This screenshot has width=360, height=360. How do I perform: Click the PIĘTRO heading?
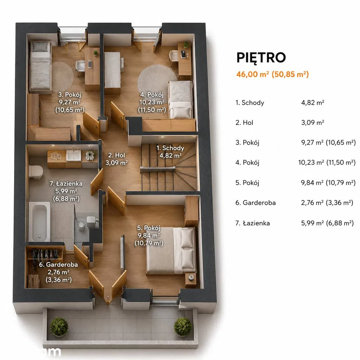(x=261, y=57)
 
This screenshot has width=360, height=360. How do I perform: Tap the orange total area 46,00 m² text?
(x=252, y=75)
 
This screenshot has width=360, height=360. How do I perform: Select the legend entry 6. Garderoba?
(x=256, y=203)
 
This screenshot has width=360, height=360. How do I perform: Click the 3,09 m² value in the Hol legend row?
(x=313, y=123)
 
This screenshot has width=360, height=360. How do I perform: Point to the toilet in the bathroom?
(x=36, y=172)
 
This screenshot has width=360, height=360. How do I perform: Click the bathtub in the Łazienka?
(x=39, y=221)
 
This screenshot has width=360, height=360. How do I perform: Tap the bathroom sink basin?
(x=73, y=155)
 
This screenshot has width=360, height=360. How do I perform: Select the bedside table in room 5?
(x=191, y=279)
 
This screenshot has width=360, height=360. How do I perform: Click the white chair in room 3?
(x=80, y=67)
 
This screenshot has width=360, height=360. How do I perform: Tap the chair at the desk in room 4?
(x=174, y=57)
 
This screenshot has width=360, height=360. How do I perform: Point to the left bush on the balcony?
(x=59, y=327)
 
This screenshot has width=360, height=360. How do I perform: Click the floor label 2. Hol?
(x=117, y=155)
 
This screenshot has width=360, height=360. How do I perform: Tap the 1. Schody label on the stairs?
(x=171, y=148)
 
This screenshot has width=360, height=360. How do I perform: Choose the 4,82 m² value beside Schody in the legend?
(x=313, y=103)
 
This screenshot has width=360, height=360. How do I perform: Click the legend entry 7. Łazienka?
(x=252, y=223)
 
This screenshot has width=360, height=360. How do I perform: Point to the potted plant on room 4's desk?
(x=186, y=44)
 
